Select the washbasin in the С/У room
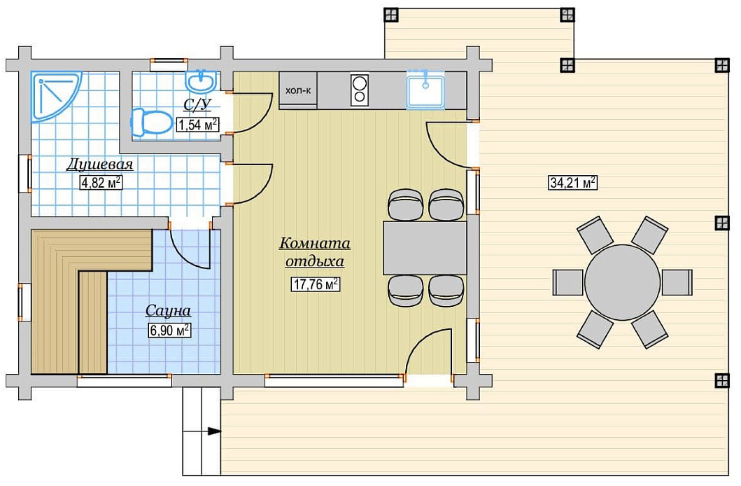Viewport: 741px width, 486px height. tap(201, 81)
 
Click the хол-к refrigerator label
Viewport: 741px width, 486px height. tap(298, 90)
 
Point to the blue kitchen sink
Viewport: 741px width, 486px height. tap(425, 90)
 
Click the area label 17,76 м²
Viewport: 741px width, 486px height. tap(315, 285)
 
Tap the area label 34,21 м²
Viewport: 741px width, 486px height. tap(573, 182)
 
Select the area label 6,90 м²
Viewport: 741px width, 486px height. tap(169, 330)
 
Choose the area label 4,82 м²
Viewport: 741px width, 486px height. tap(101, 182)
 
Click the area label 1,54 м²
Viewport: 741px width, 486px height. tap(198, 124)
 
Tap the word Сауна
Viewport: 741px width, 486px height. tap(168, 311)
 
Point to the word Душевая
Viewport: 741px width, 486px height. tap(100, 164)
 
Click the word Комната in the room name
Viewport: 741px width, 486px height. tap(315, 243)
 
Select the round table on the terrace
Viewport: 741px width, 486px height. tap(622, 282)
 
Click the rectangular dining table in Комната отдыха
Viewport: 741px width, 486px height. tap(425, 248)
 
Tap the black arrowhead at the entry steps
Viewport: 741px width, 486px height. tap(214, 431)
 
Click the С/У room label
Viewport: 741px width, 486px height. tap(197, 105)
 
